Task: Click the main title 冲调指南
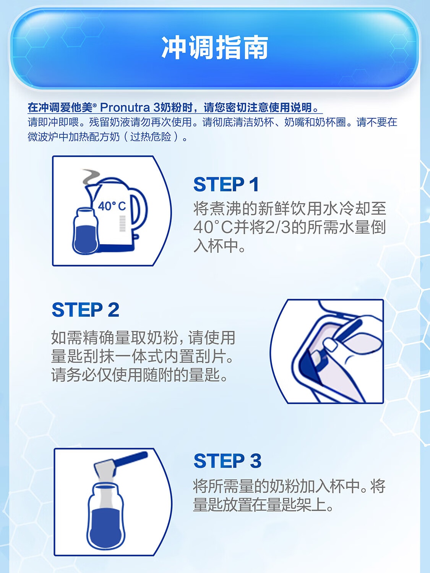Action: (x=215, y=48)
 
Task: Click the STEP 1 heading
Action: (x=226, y=184)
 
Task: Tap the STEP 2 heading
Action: (x=85, y=309)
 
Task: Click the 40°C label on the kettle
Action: (x=112, y=206)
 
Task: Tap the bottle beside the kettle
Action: (x=85, y=231)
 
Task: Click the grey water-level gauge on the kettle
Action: (x=123, y=223)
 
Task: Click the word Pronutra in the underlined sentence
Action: (x=125, y=107)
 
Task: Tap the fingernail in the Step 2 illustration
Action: (x=330, y=345)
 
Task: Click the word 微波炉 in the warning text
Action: (x=43, y=137)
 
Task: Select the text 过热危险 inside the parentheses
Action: (x=151, y=137)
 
